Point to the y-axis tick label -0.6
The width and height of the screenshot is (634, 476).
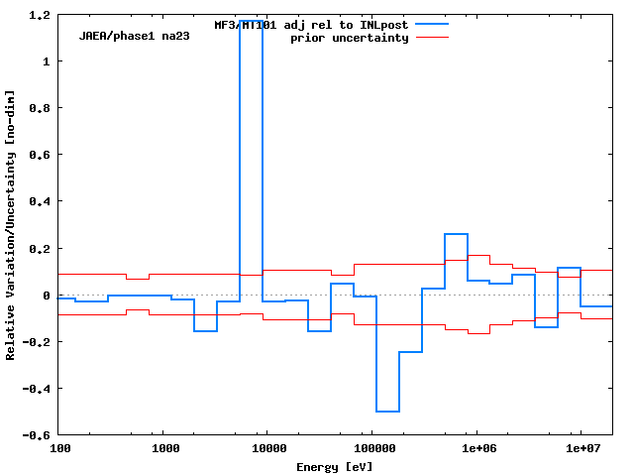pos(39,435)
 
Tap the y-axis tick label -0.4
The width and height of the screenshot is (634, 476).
pos(39,389)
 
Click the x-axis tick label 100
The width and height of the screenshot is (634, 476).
pos(59,449)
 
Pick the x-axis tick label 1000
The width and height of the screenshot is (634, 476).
pos(164,449)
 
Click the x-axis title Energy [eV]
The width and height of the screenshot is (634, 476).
pos(334,466)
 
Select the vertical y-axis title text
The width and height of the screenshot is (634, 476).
pos(11,224)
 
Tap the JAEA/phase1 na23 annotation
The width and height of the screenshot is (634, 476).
pos(134,36)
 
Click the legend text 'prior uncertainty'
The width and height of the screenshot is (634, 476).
pos(349,38)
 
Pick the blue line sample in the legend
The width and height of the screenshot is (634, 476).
pos(432,24)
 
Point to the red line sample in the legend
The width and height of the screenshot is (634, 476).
pos(432,37)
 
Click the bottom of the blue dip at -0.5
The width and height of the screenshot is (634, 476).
pos(387,412)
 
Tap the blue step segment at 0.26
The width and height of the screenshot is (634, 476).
pos(456,234)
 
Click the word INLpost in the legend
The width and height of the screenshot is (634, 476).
pos(383,25)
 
